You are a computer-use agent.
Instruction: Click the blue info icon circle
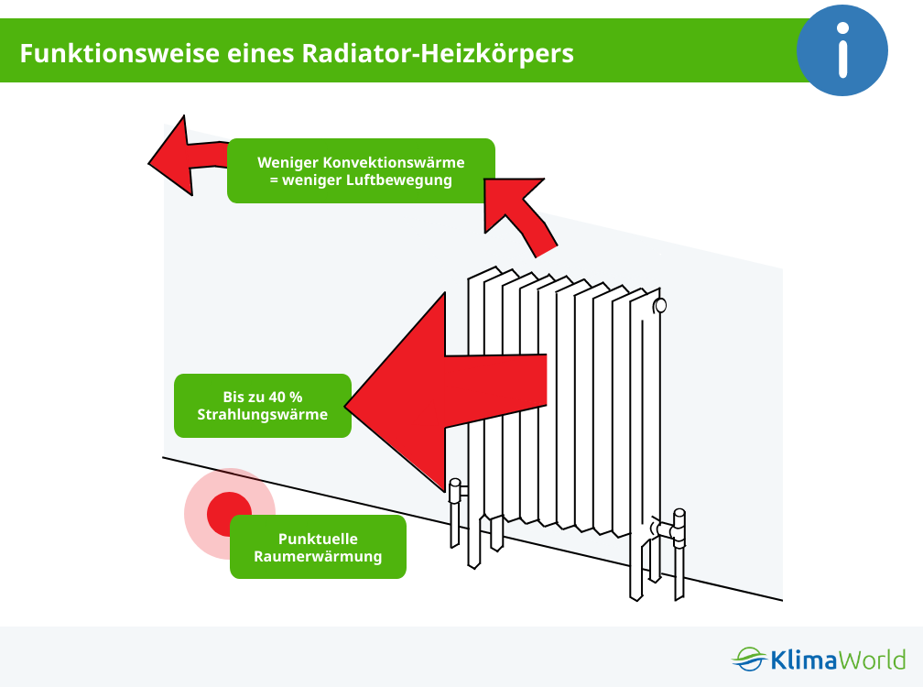tap(842, 50)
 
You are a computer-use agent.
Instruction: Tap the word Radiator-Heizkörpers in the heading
tap(438, 54)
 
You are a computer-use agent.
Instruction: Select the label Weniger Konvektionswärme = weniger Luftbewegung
tap(361, 170)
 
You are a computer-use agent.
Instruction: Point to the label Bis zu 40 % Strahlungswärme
tap(263, 406)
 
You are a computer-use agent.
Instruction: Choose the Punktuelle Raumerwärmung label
tap(318, 547)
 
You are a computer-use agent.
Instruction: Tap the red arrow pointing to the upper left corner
tap(189, 156)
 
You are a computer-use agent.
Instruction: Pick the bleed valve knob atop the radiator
tap(660, 306)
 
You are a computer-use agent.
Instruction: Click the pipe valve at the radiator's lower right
tap(671, 529)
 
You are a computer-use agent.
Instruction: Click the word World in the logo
tap(872, 660)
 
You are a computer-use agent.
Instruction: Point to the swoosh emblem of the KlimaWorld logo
tap(750, 660)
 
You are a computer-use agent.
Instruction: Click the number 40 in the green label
tap(277, 398)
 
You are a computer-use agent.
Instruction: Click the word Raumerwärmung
tap(318, 556)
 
